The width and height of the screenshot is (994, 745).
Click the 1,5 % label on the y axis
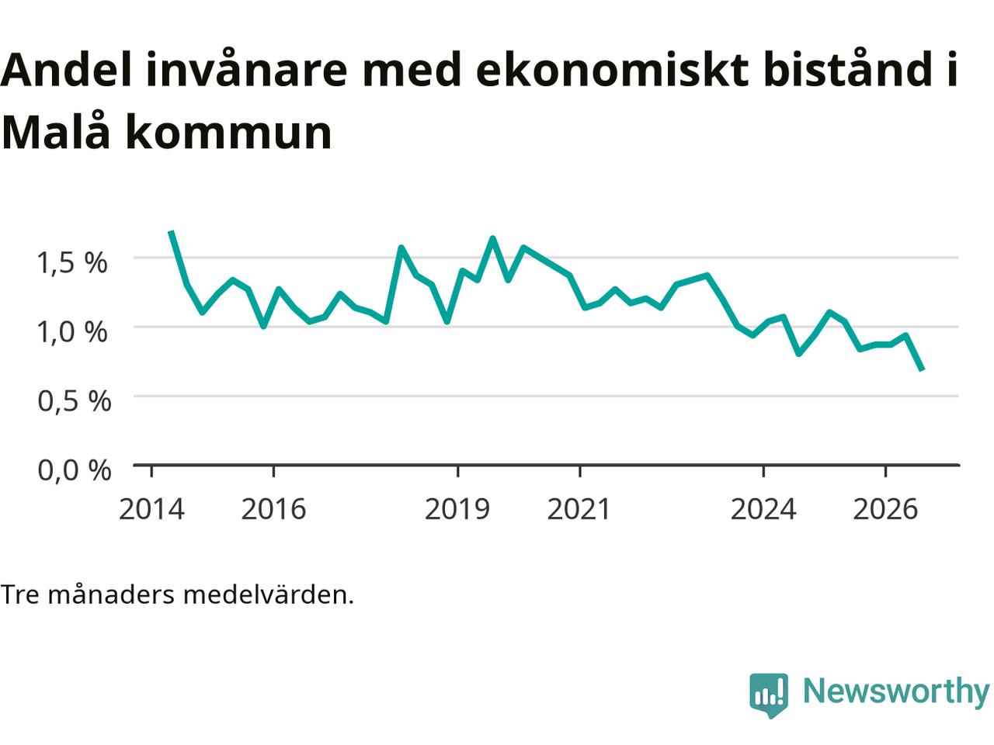click(x=72, y=262)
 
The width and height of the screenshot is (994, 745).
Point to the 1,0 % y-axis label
click(x=72, y=332)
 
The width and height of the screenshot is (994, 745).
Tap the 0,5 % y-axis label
click(x=75, y=401)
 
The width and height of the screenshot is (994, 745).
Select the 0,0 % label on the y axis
click(x=75, y=470)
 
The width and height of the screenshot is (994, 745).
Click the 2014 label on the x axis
click(x=151, y=509)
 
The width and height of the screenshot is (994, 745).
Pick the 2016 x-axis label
click(x=273, y=509)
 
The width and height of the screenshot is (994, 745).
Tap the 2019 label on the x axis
click(x=457, y=509)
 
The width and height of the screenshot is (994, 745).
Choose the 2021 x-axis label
click(x=579, y=509)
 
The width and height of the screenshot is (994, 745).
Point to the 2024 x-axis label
click(x=763, y=509)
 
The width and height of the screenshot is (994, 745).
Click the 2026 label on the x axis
click(x=885, y=509)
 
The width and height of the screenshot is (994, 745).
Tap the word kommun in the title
click(x=228, y=133)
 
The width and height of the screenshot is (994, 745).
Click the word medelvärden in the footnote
click(x=269, y=595)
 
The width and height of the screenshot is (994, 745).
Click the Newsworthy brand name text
click(x=896, y=691)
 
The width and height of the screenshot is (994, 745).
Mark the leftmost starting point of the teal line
click(x=171, y=231)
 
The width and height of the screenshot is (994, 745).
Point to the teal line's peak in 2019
click(x=492, y=238)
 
